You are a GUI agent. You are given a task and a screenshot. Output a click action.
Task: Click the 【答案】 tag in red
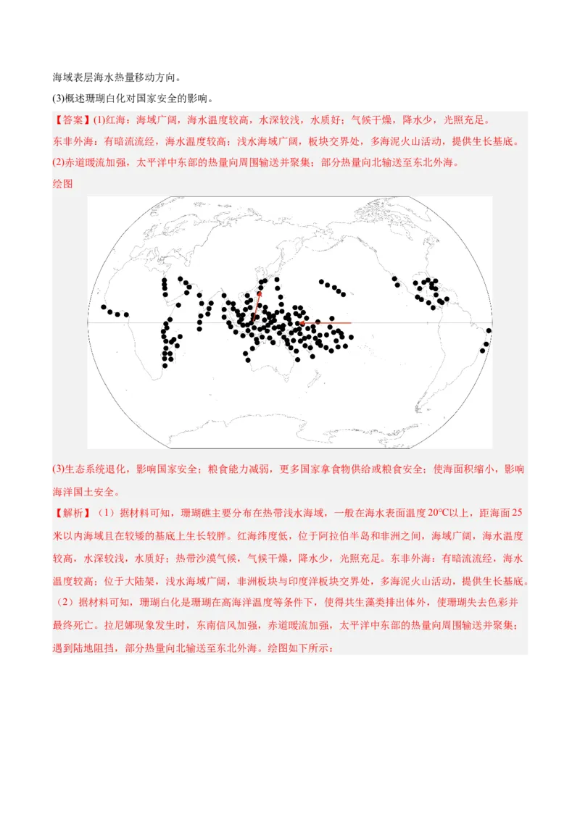tap(72, 120)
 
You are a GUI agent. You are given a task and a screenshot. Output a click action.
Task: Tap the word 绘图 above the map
tap(63, 183)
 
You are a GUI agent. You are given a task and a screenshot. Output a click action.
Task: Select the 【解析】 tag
tap(72, 513)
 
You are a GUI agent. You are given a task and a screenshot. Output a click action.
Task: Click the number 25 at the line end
tap(517, 513)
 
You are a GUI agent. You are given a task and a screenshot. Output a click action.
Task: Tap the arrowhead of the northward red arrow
tap(259, 294)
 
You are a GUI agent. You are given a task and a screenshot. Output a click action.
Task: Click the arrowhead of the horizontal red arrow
tap(302, 323)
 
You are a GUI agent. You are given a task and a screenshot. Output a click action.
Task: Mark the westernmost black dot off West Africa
tap(104, 307)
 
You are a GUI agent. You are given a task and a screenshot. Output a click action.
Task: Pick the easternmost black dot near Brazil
tap(489, 330)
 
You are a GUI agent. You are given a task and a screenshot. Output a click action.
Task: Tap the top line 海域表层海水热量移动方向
tap(117, 78)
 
